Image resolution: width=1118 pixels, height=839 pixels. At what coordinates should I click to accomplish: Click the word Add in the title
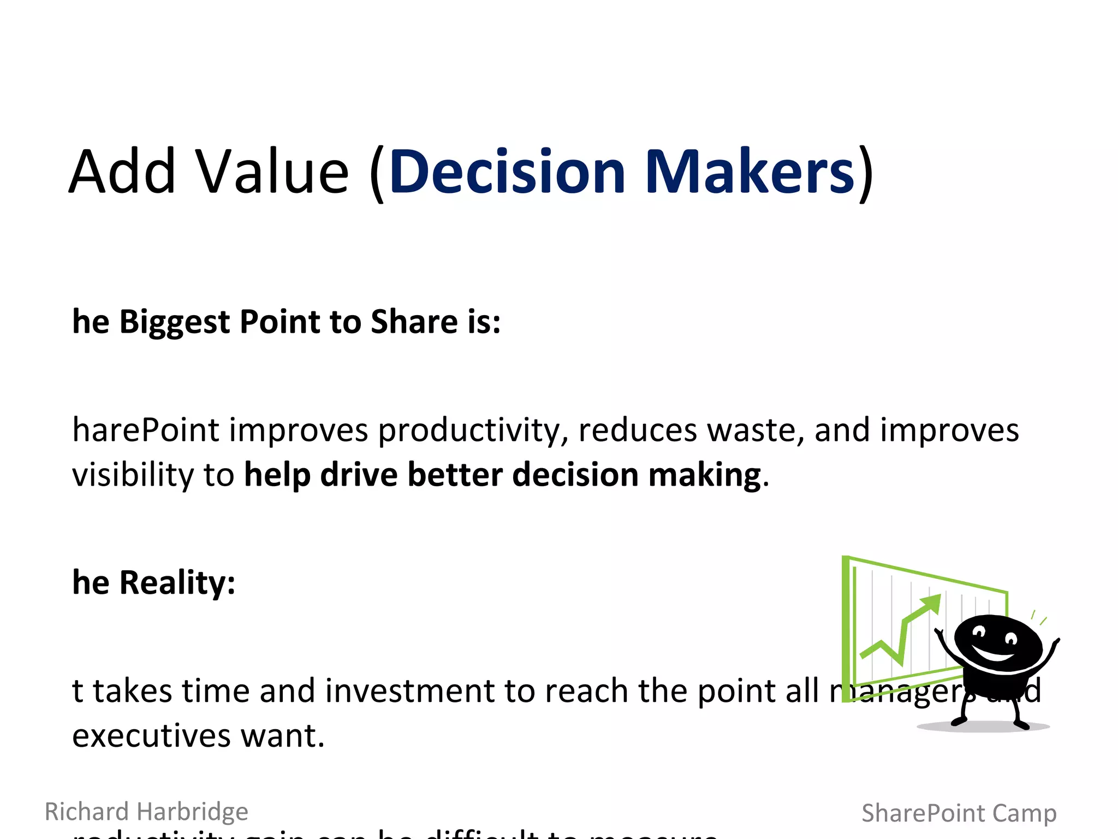pyautogui.click(x=122, y=172)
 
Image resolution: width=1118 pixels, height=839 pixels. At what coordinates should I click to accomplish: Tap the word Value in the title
pyautogui.click(x=272, y=172)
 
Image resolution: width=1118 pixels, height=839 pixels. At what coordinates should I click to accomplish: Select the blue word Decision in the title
pyautogui.click(x=507, y=172)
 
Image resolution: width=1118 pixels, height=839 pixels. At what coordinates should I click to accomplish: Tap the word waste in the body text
pyautogui.click(x=756, y=430)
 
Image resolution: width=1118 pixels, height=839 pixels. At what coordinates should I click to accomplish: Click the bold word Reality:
pyautogui.click(x=177, y=582)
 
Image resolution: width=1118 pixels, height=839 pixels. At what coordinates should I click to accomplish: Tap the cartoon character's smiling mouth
pyautogui.click(x=994, y=653)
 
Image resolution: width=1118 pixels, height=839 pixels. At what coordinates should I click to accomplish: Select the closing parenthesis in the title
pyautogui.click(x=866, y=174)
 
